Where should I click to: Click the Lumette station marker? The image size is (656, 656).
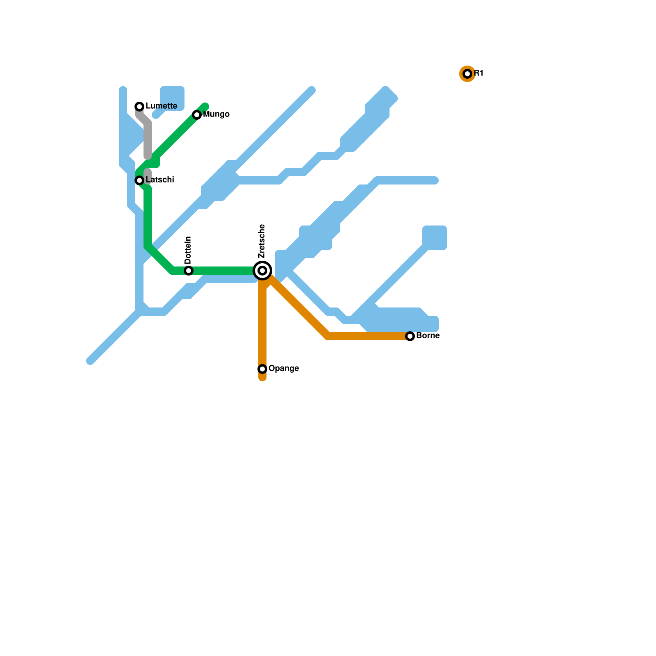(x=139, y=107)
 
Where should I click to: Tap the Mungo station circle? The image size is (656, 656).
(x=197, y=115)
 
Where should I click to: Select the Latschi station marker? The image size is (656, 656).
(x=139, y=180)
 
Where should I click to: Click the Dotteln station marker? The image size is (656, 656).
(x=189, y=271)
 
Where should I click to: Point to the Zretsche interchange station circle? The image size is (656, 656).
(x=262, y=271)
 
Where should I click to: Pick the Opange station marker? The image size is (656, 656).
(x=262, y=369)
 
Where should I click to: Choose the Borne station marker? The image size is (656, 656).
(x=410, y=336)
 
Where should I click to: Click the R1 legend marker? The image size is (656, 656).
(x=467, y=74)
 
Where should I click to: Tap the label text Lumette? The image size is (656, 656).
(x=161, y=106)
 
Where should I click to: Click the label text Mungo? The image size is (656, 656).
(x=216, y=114)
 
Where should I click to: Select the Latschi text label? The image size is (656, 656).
(x=160, y=180)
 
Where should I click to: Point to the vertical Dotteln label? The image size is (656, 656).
(x=188, y=250)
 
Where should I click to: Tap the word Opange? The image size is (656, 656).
(x=283, y=369)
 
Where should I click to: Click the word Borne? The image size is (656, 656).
(x=428, y=336)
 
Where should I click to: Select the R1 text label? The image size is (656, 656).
(x=478, y=73)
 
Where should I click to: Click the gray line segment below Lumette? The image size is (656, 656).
(x=148, y=139)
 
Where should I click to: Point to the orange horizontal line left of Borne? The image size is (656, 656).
(x=369, y=336)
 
